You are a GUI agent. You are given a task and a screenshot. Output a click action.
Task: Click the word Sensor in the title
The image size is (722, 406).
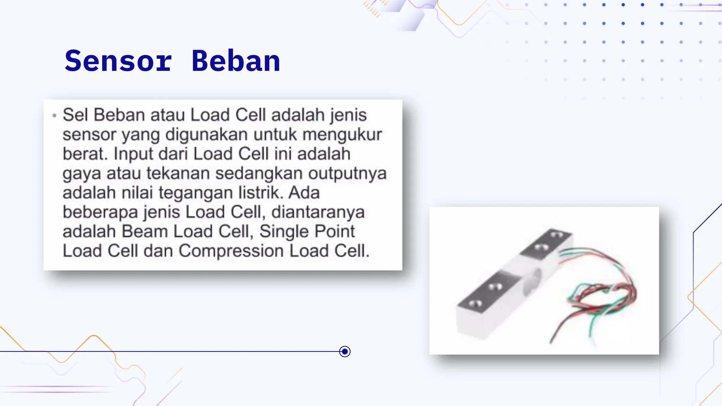click(x=118, y=61)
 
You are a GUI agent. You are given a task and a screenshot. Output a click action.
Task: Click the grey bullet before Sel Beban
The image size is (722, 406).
click(x=54, y=116)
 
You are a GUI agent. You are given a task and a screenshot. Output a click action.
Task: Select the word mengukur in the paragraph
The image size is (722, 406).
click(x=342, y=135)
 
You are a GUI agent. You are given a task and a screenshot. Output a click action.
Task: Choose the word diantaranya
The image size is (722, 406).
click(x=318, y=212)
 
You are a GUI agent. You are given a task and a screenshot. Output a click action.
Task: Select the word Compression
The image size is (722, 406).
click(x=231, y=251)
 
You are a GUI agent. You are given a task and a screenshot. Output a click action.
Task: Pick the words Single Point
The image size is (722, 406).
click(x=307, y=232)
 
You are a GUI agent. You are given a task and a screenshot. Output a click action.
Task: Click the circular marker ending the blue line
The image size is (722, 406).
click(x=345, y=351)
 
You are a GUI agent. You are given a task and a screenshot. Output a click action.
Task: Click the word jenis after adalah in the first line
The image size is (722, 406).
click(x=348, y=115)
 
